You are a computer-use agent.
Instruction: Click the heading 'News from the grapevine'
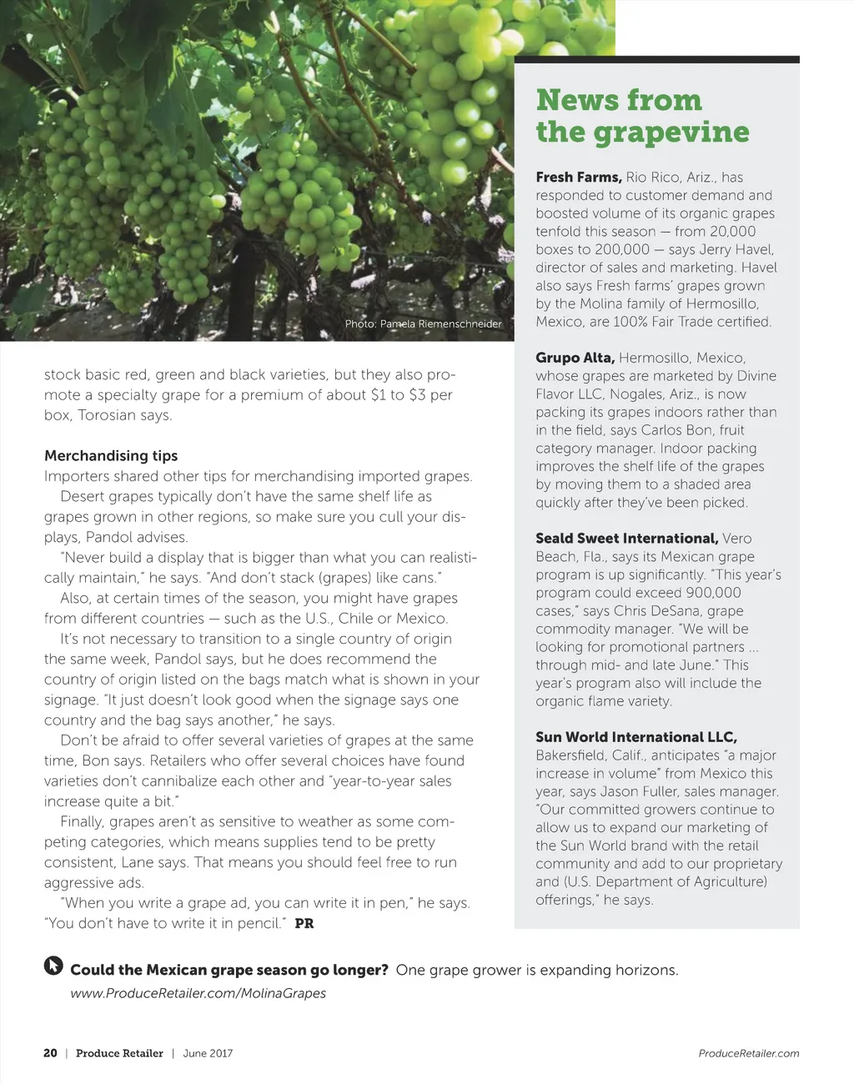[x=642, y=116]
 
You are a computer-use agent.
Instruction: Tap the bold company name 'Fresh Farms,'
[x=578, y=177]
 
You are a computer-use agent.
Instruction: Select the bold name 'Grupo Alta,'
[x=575, y=358]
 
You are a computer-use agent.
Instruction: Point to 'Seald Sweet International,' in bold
[x=626, y=539]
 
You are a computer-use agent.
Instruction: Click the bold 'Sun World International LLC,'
[x=636, y=737]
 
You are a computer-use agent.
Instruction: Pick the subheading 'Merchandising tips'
[x=111, y=455]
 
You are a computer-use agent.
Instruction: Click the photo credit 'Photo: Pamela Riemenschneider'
[x=424, y=324]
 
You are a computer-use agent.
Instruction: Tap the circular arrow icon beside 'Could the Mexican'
[x=53, y=966]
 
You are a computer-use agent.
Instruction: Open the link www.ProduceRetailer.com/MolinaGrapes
[x=198, y=993]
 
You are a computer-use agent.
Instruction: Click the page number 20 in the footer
[x=50, y=1053]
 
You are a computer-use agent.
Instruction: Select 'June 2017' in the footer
[x=208, y=1053]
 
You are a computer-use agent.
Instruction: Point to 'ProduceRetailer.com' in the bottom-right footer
[x=748, y=1053]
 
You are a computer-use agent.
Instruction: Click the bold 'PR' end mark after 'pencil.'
[x=304, y=923]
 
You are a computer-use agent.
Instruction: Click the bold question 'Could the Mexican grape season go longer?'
[x=229, y=970]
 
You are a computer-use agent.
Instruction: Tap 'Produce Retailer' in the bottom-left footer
[x=119, y=1053]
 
